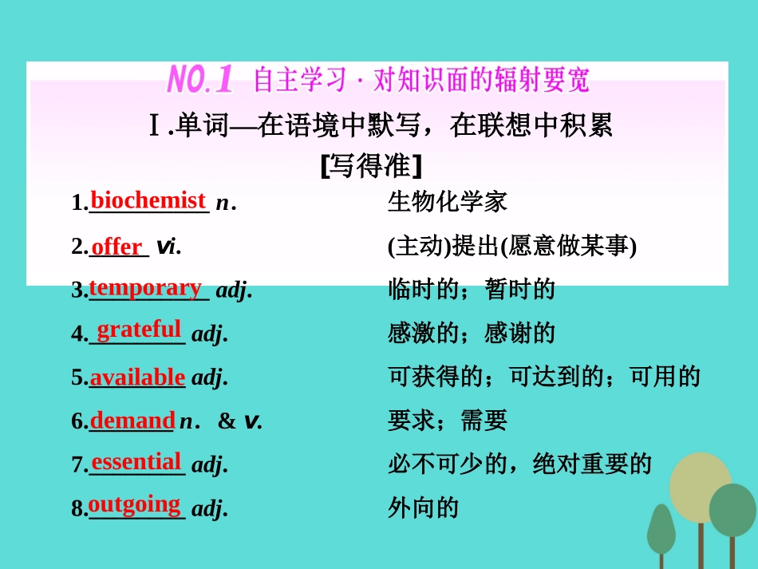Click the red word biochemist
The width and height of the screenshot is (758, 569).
[148, 200]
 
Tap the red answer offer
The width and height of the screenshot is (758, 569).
[116, 247]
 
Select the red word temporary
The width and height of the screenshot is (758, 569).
[145, 287]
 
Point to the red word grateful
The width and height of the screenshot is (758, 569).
[139, 329]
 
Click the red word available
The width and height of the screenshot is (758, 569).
[137, 377]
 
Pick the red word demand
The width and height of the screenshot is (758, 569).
[132, 420]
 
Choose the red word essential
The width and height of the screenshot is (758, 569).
[136, 461]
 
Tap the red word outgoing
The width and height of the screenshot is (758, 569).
[135, 504]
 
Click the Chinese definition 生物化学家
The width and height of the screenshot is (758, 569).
[448, 202]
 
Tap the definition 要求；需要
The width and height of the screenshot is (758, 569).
[448, 421]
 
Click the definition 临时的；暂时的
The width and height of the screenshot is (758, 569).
[472, 289]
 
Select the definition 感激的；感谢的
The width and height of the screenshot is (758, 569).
[472, 333]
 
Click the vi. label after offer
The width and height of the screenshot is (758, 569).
[168, 247]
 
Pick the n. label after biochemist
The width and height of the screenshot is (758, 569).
[226, 203]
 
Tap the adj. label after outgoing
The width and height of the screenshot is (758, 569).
[210, 508]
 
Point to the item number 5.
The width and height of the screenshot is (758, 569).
[77, 378]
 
